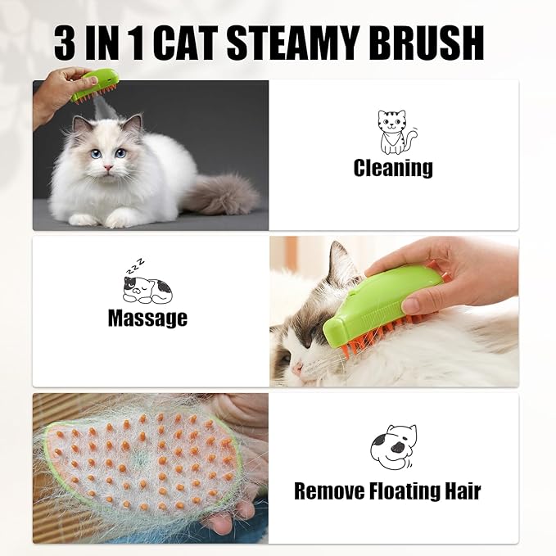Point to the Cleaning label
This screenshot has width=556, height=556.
(x=393, y=169)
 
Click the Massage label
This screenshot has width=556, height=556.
(x=147, y=318)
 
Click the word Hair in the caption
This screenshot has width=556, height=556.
(x=459, y=491)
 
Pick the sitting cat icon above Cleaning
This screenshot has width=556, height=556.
(x=394, y=132)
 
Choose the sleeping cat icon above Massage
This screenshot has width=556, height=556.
(x=147, y=289)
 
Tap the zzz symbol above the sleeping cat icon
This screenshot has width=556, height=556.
(x=134, y=265)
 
